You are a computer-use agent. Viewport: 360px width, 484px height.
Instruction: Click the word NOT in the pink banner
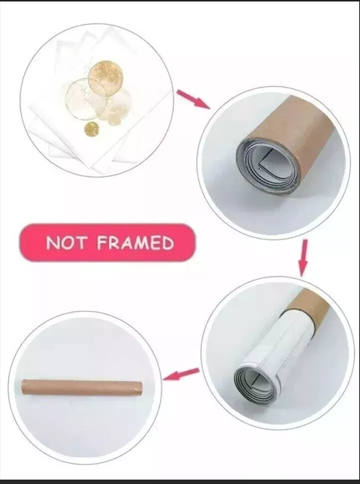(66, 242)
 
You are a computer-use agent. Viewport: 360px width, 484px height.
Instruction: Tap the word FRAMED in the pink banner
(136, 242)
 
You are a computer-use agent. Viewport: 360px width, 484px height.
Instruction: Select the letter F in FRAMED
(102, 242)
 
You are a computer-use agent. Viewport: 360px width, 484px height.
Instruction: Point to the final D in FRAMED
(168, 243)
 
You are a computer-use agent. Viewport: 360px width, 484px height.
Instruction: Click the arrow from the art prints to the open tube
(194, 99)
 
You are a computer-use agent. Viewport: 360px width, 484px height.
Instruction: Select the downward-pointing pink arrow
(303, 258)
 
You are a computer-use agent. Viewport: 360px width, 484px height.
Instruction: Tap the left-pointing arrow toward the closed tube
(181, 374)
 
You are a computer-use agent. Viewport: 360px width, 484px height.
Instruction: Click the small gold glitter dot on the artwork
(92, 128)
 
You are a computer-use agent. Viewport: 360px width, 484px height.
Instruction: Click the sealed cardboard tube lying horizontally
(82, 388)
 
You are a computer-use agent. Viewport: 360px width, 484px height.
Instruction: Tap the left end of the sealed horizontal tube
(23, 387)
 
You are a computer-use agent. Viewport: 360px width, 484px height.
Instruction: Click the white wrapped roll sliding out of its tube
(278, 349)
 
